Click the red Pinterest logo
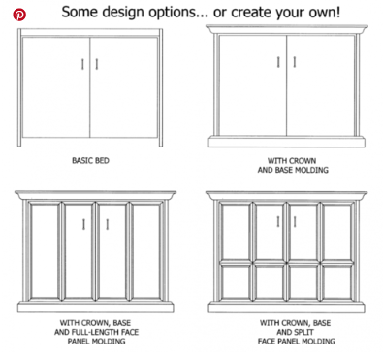[19, 15]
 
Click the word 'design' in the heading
[122, 12]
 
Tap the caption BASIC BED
[90, 160]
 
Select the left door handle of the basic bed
[82, 64]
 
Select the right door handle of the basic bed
[97, 64]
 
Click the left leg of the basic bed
[19, 87]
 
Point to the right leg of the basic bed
[161, 87]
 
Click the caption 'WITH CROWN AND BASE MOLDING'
[293, 165]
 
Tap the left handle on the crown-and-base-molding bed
[278, 62]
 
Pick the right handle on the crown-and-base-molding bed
[295, 62]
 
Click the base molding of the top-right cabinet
[287, 142]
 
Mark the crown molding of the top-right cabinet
[287, 29]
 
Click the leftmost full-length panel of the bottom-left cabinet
[45, 250]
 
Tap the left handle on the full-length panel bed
[83, 224]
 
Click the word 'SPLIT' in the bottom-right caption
[304, 332]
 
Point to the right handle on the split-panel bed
[295, 222]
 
